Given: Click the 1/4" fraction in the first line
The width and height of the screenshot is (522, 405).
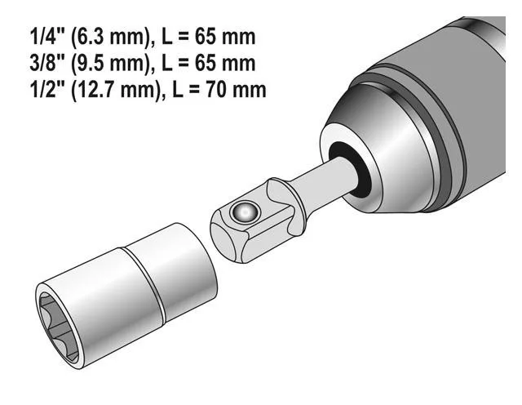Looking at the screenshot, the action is pos(46,36).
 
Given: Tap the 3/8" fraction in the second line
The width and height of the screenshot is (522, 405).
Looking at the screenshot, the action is pos(46,63).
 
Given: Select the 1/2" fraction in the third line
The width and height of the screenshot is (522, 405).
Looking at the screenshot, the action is pos(46,90).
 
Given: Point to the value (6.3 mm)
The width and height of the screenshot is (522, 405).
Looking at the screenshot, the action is pos(112,38).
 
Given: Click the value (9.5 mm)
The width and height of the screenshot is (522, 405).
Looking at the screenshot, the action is pos(112,64).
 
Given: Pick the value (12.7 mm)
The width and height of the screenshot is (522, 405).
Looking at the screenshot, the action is pos(117,91).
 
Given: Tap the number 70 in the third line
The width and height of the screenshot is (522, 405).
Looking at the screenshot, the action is pos(217,90).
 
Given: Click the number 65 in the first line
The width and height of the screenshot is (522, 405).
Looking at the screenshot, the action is pos(206,37).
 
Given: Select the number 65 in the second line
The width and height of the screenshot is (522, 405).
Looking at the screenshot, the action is pos(206,64).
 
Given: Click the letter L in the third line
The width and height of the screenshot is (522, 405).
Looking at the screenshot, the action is pos(178,90).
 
